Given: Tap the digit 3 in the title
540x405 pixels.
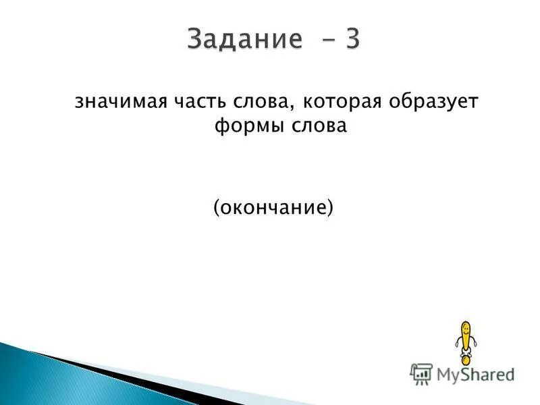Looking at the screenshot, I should pyautogui.click(x=352, y=38).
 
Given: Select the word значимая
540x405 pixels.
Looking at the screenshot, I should pyautogui.click(x=115, y=102).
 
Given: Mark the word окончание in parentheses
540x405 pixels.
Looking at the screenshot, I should pyautogui.click(x=273, y=207).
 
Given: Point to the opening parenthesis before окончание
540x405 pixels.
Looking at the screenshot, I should pyautogui.click(x=217, y=207).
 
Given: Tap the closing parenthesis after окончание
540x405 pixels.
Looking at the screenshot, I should pyautogui.click(x=331, y=207).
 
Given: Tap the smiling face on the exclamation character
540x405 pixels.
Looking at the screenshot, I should pyautogui.click(x=464, y=331).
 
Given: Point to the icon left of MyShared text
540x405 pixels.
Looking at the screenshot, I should pyautogui.click(x=422, y=373).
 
